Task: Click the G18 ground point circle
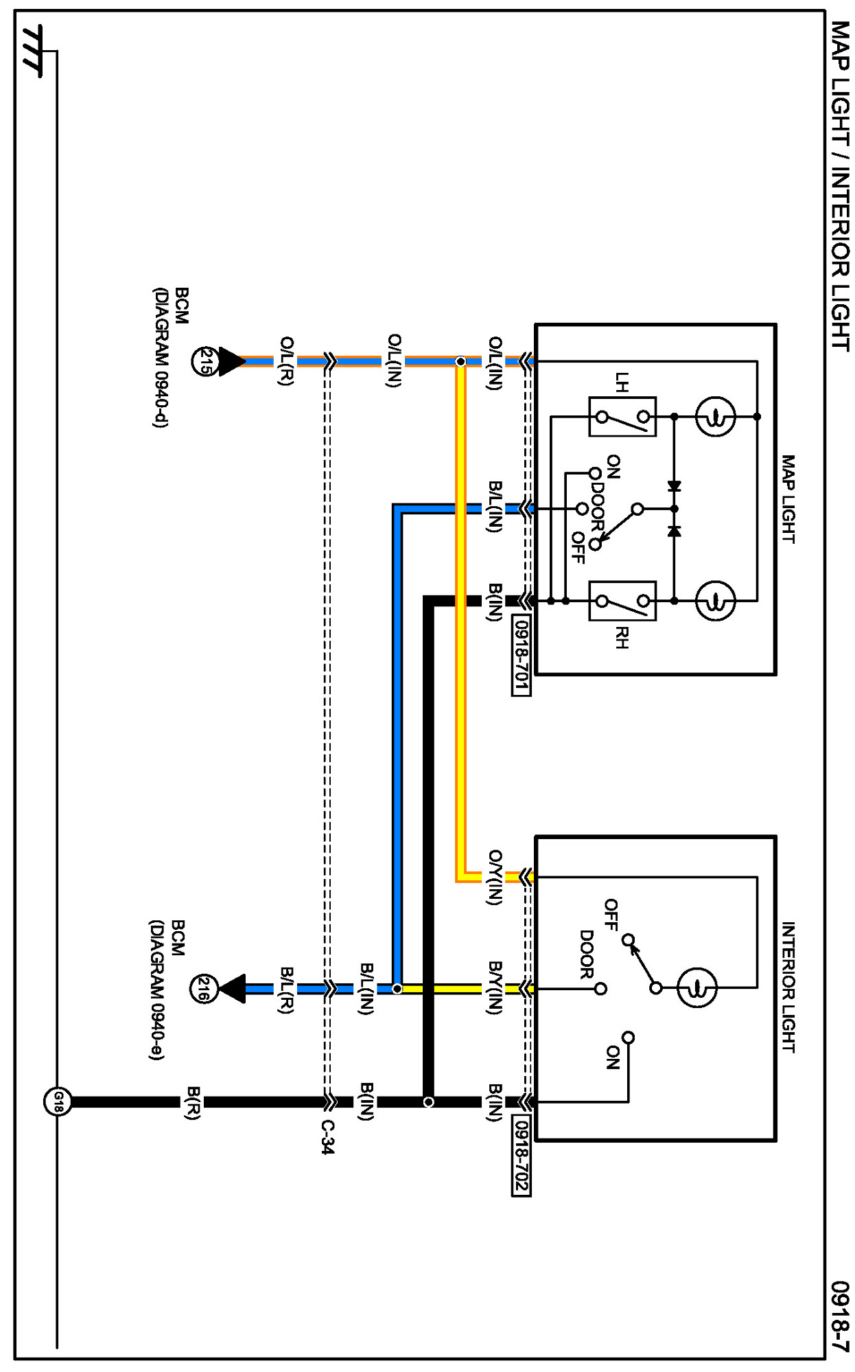(58, 1102)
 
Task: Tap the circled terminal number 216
(203, 989)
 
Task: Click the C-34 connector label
(328, 1137)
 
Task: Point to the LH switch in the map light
(622, 416)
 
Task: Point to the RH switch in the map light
(622, 601)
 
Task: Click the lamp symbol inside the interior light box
(696, 988)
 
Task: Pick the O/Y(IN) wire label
(495, 878)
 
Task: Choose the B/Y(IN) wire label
(495, 988)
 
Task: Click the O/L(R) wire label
(286, 361)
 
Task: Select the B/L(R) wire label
(286, 990)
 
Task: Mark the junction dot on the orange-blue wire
(460, 361)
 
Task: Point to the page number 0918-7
(840, 1316)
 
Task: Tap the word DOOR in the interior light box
(587, 954)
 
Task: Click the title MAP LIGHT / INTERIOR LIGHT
(840, 185)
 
